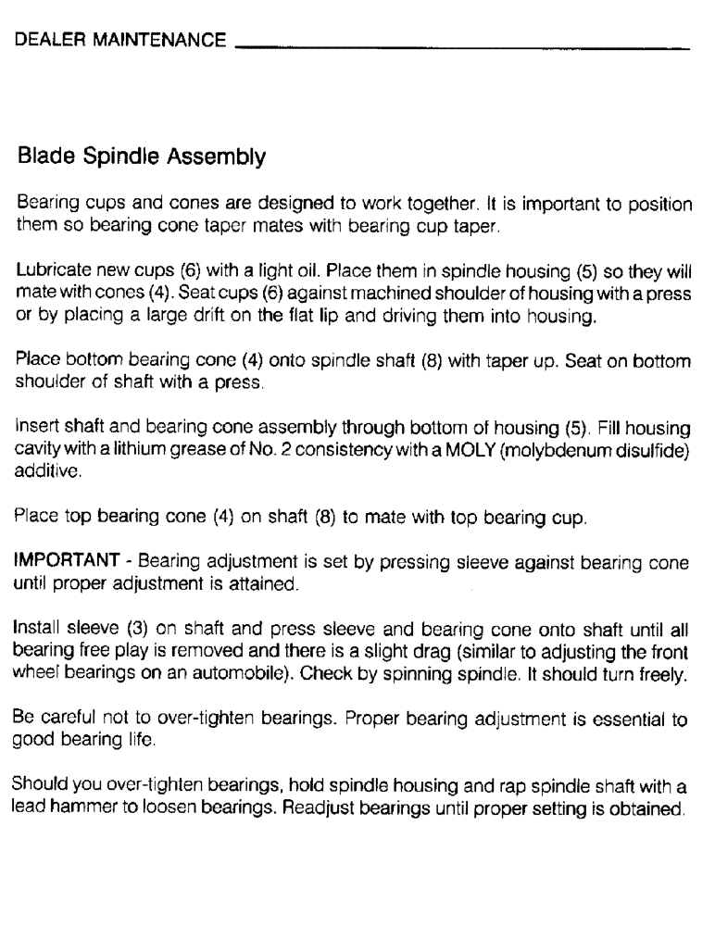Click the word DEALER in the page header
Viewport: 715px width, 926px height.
click(49, 41)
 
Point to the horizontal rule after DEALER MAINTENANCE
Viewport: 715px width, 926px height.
click(463, 47)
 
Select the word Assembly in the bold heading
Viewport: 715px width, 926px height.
click(225, 158)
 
